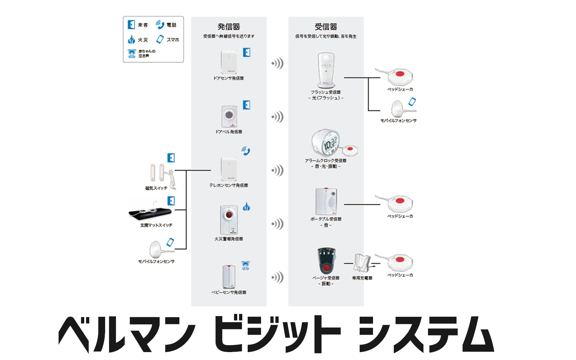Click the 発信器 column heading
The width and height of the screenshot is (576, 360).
[229, 27]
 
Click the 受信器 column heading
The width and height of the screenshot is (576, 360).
[326, 27]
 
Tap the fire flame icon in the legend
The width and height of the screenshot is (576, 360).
[131, 39]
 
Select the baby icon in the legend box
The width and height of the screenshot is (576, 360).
[132, 54]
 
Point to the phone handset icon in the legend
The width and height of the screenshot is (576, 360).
[160, 25]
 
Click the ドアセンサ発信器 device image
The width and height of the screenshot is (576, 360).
[229, 62]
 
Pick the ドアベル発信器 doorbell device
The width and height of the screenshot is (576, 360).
[229, 117]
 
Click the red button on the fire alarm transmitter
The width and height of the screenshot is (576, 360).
[229, 215]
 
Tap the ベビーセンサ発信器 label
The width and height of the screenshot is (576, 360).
[229, 292]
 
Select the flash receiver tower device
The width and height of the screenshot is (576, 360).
[326, 70]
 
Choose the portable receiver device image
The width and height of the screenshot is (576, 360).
[326, 201]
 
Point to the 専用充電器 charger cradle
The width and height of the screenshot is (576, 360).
[362, 263]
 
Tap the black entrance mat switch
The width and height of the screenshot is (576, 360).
[150, 213]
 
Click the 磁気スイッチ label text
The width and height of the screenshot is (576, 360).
[156, 188]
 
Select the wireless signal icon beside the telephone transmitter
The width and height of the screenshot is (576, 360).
[278, 170]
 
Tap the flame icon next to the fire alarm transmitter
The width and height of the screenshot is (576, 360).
[247, 207]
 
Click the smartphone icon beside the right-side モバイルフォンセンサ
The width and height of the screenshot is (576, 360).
[412, 102]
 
